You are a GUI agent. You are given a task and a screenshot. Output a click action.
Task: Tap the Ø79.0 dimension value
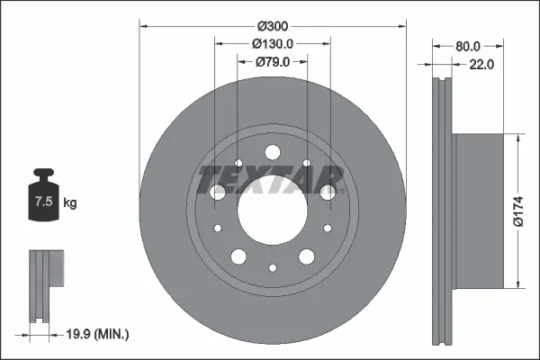click(272, 62)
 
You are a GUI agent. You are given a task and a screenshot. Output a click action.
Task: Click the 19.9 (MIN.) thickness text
click(100, 334)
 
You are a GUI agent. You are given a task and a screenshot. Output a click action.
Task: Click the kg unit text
click(70, 203)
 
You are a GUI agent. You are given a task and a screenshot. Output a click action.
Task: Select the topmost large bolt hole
click(272, 154)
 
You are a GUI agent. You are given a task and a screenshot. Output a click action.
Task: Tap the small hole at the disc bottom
click(272, 267)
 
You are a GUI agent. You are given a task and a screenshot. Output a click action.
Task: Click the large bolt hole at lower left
click(238, 256)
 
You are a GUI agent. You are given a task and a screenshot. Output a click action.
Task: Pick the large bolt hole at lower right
click(306, 256)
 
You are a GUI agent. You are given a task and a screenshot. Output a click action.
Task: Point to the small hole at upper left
click(238, 164)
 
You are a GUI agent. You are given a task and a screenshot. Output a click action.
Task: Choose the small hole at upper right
click(307, 164)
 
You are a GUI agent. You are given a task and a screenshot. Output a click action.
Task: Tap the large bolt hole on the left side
click(217, 192)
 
